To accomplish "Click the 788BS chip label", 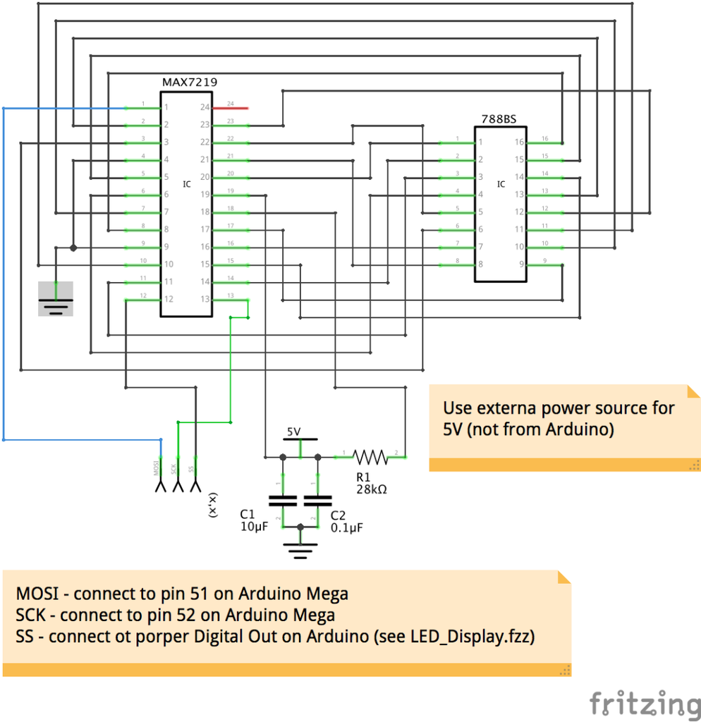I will (x=499, y=119).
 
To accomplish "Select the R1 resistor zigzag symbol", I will (x=370, y=457).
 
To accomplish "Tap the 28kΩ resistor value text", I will (x=372, y=488).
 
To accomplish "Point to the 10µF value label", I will (x=254, y=527).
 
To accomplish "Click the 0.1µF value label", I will (x=347, y=527).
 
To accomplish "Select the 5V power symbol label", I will (x=293, y=431).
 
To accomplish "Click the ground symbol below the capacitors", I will (x=300, y=548).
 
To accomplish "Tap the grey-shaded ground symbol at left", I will (x=56, y=298).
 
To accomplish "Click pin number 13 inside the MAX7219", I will (x=205, y=299).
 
